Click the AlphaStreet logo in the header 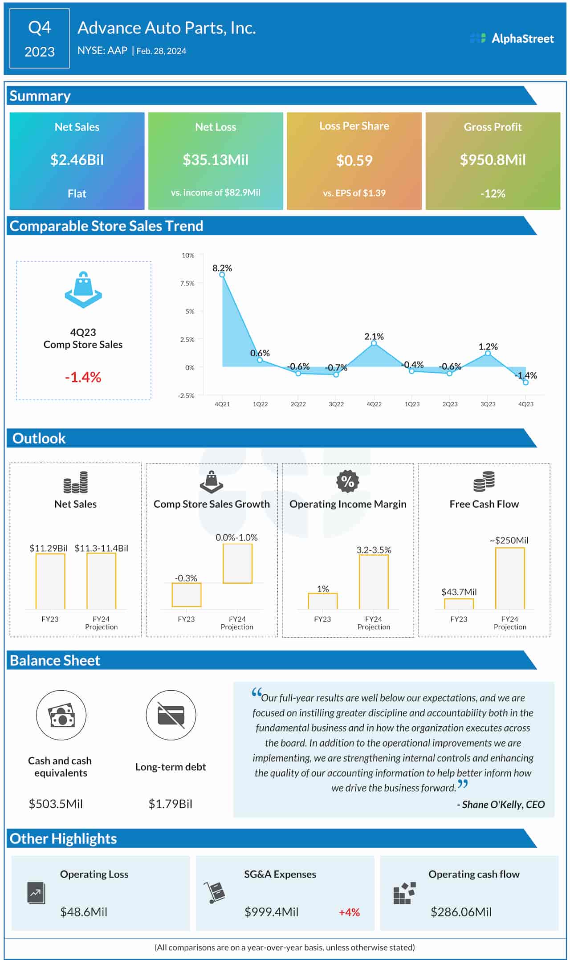(512, 38)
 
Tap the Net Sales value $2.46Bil (77, 160)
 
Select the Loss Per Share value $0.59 (354, 160)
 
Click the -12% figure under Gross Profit (493, 194)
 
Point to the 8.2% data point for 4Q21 (222, 275)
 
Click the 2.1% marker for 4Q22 (374, 343)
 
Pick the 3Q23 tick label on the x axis (488, 404)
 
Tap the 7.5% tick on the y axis (187, 283)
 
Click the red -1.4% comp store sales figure (83, 377)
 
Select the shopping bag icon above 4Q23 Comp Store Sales (83, 290)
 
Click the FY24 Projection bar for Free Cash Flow (509, 578)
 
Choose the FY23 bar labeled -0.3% (186, 594)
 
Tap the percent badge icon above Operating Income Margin (347, 481)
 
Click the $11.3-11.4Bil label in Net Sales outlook (101, 548)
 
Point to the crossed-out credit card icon (171, 716)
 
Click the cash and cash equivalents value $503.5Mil (56, 804)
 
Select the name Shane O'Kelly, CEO (501, 804)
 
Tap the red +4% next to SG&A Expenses (349, 912)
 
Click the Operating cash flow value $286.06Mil (461, 912)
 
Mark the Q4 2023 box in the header (39, 39)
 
